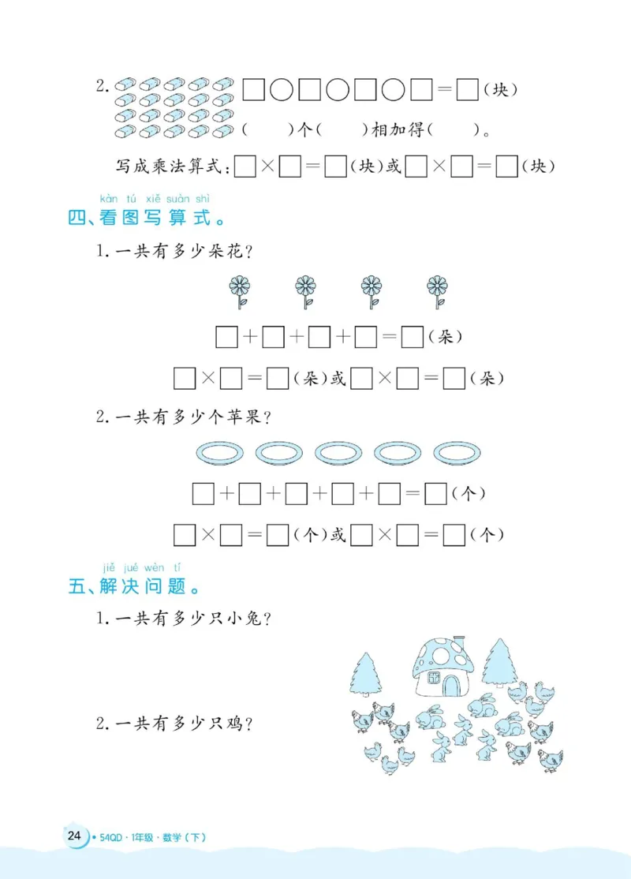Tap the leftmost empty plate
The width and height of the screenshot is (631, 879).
pos(218,453)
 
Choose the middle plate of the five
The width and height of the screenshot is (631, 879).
pos(338,453)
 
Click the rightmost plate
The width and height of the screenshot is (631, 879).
pos(457,453)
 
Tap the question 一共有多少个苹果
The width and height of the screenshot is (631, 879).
pos(185,417)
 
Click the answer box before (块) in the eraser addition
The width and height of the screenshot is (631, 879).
pos(468,91)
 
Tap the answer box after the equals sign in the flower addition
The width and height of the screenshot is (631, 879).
pos(412,338)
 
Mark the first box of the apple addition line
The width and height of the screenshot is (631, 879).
pos(203,495)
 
